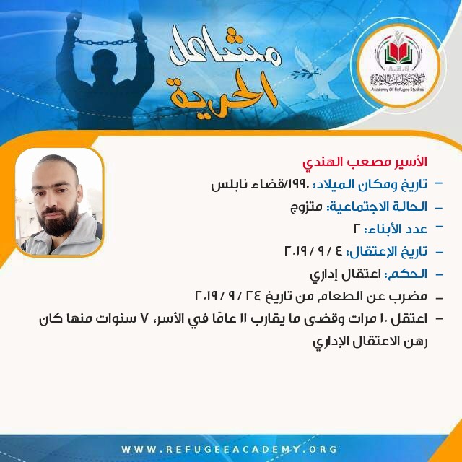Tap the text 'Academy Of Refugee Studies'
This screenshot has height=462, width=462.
pos(398,89)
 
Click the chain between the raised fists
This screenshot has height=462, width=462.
pos(105,41)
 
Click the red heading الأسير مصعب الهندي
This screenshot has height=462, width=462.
pos(365,162)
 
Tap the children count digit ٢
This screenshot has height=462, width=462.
pos(357,230)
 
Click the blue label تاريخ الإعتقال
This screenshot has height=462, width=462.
pos(388,252)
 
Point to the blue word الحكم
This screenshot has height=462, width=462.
pos(409,274)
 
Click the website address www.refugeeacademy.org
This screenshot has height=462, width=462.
pos(230,449)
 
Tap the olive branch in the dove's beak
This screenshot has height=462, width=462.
pos(305,73)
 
